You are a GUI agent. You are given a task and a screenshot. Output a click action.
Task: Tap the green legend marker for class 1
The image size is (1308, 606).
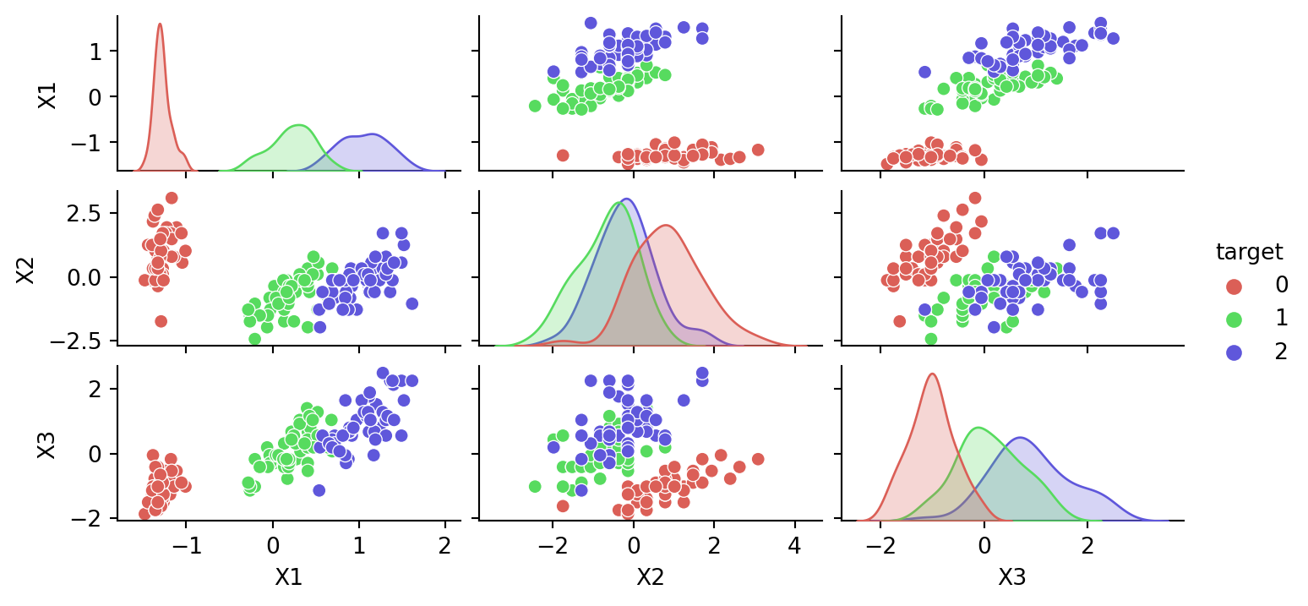click(1234, 319)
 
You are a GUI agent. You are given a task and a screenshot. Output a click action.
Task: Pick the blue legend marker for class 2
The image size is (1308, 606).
click(1234, 352)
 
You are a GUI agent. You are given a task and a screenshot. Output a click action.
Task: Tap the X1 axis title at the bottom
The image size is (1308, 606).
click(289, 578)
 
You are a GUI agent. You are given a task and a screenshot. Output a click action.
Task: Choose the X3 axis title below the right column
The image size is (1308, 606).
click(1012, 578)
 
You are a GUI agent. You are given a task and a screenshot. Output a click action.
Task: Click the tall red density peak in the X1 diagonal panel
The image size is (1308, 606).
click(160, 25)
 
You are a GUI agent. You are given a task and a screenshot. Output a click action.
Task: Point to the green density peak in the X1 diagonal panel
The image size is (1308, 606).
click(298, 126)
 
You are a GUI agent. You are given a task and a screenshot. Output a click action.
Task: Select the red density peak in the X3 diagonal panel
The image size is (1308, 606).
click(932, 374)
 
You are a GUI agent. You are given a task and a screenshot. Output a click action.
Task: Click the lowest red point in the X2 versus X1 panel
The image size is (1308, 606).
click(161, 321)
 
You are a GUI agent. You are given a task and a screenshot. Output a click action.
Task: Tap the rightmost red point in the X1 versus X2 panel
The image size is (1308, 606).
click(758, 150)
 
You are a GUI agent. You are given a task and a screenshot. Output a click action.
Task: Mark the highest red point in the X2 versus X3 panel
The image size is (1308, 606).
click(975, 198)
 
